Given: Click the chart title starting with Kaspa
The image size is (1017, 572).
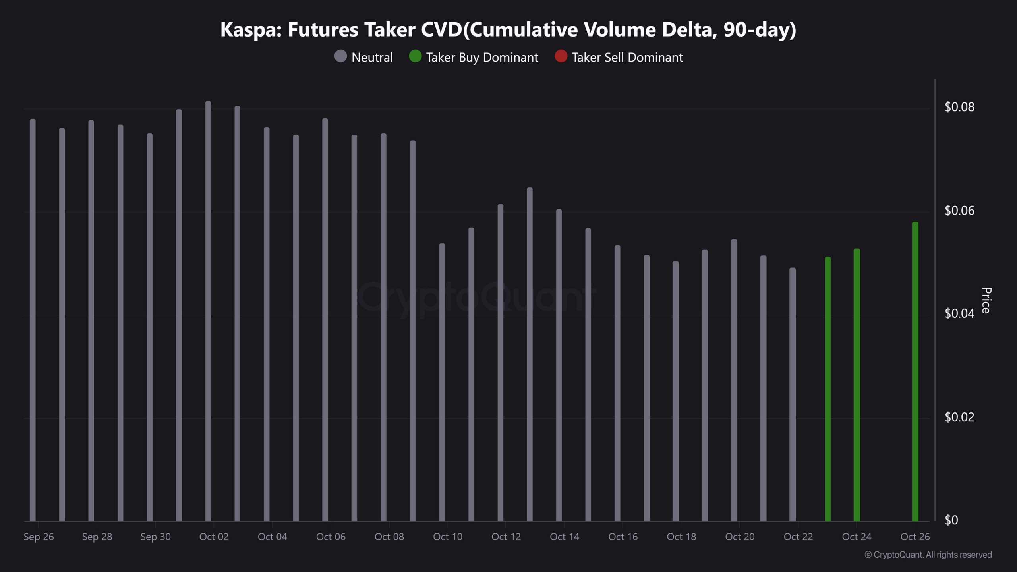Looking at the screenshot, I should click(x=508, y=30).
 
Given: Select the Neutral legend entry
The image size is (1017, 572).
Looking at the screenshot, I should click(x=363, y=57).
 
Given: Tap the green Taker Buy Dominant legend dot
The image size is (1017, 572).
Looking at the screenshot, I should click(x=415, y=56).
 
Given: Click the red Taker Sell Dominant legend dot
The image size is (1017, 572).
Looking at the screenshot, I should click(x=561, y=56).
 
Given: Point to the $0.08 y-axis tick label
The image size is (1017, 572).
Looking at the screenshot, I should click(x=959, y=107).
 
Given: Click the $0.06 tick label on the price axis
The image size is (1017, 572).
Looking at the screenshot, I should click(x=959, y=210).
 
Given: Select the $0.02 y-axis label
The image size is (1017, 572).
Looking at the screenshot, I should click(x=959, y=417).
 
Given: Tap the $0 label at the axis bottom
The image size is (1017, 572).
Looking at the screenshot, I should click(x=951, y=520).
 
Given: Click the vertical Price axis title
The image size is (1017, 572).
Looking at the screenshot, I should click(x=986, y=300).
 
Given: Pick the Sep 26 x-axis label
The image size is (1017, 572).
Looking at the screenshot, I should click(x=39, y=537).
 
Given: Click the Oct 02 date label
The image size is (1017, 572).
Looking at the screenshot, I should click(x=214, y=537).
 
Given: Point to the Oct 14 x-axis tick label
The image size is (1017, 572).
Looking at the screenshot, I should click(x=565, y=537).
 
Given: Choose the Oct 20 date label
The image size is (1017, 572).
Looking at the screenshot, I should click(x=740, y=537).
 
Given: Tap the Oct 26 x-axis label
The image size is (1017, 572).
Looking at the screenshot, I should click(x=915, y=537).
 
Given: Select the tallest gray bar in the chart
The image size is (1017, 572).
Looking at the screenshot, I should click(x=208, y=310).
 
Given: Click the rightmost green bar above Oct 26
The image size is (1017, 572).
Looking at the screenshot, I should click(x=915, y=371).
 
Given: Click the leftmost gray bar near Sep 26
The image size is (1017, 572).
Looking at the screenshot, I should click(x=33, y=320).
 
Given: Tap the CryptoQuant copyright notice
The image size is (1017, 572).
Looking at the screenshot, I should click(x=928, y=555).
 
